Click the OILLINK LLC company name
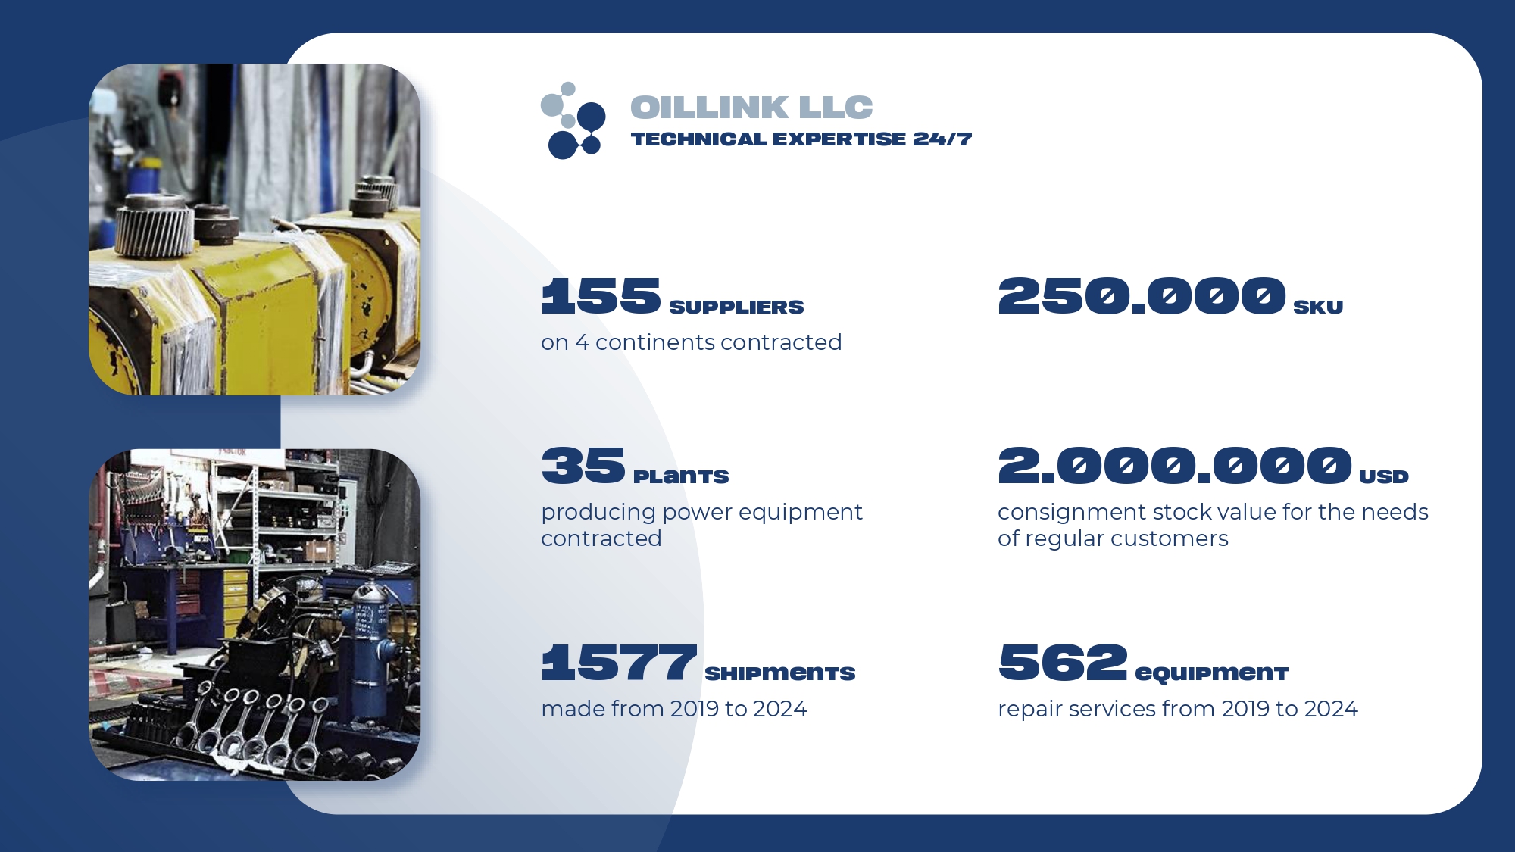[751, 108]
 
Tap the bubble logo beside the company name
[573, 120]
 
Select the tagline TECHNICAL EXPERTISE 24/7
[801, 139]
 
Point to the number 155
[601, 295]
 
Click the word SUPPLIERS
[736, 307]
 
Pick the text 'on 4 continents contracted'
[692, 342]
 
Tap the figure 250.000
[1142, 295]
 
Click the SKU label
[1318, 307]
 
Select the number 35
[583, 465]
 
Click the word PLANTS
[681, 476]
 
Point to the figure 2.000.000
[1175, 465]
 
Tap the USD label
[1384, 476]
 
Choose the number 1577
[620, 662]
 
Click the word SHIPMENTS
[780, 673]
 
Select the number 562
[1063, 662]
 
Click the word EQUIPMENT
[1212, 673]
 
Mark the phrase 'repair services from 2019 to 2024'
[1178, 709]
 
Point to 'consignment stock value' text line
[1213, 512]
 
